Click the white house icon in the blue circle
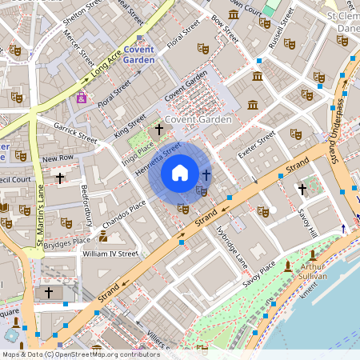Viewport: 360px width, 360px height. pos(180,173)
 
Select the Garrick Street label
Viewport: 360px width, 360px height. pos(76,132)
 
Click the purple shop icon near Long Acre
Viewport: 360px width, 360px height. pos(81,98)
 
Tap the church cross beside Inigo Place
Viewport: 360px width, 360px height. pos(158,128)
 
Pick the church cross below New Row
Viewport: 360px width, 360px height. pos(60,177)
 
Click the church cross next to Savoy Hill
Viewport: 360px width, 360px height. pos(302,189)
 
